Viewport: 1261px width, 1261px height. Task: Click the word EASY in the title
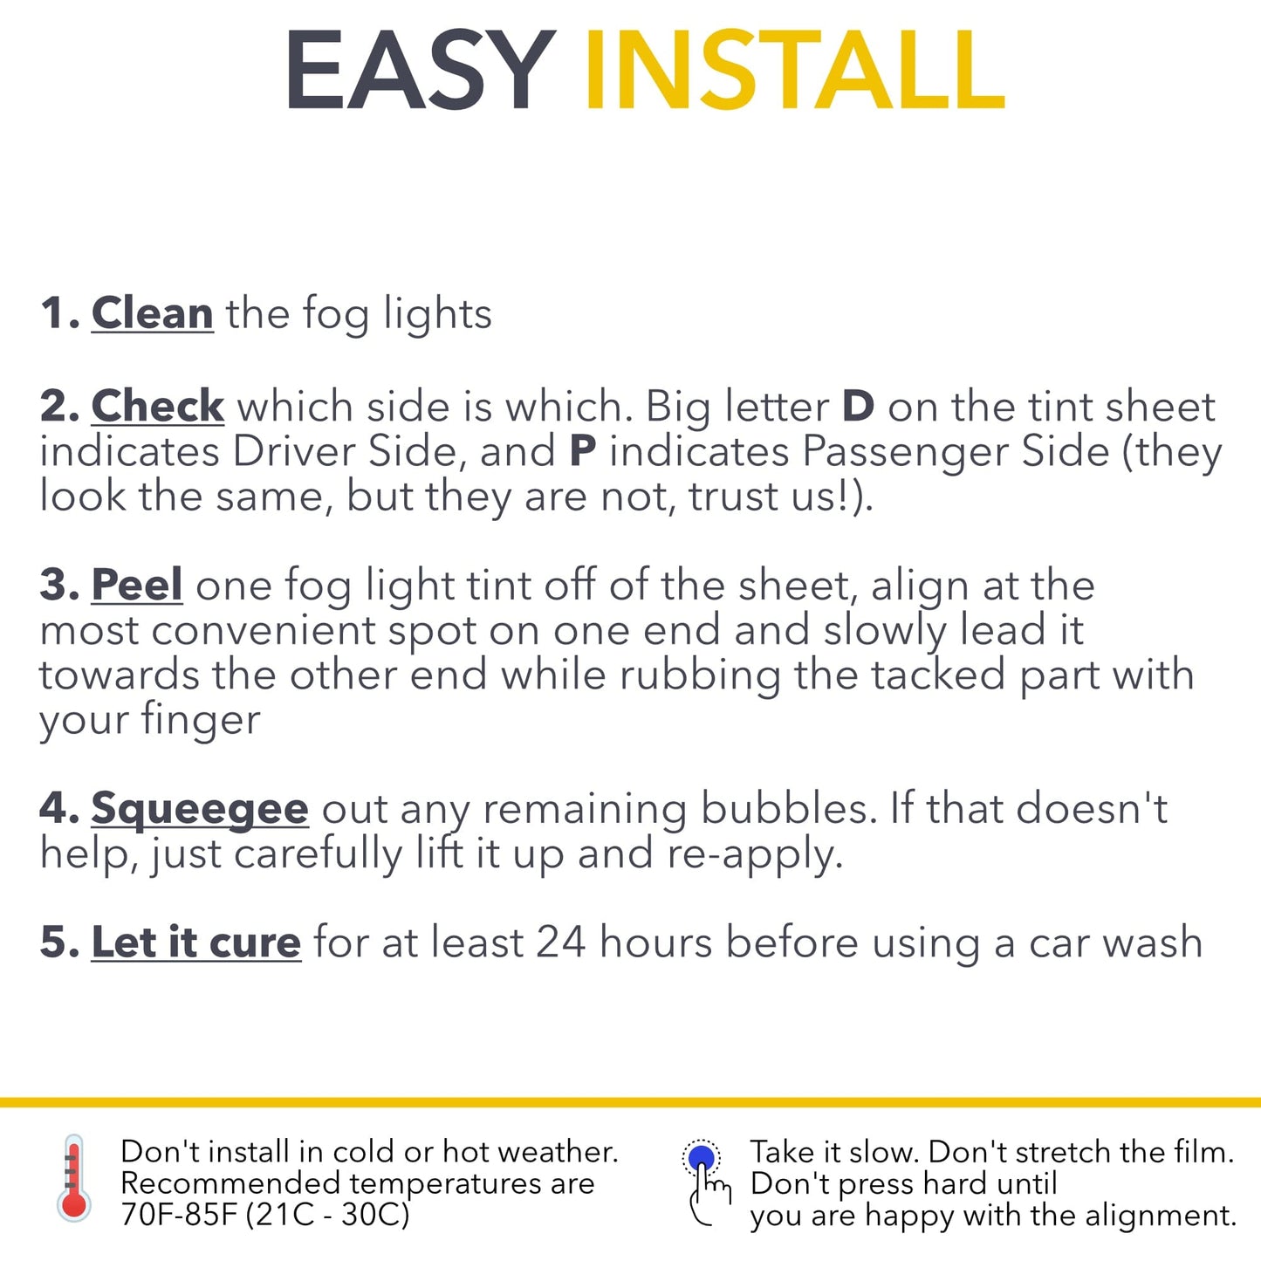(421, 70)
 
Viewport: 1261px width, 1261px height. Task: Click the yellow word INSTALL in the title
(795, 70)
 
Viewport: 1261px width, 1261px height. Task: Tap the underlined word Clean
(152, 313)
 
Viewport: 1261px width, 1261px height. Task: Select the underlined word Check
(158, 407)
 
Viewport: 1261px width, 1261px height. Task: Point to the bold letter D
(858, 407)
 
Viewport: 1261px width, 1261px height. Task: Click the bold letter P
(583, 451)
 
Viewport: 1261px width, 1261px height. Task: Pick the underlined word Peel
(137, 585)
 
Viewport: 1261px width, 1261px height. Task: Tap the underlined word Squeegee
(200, 809)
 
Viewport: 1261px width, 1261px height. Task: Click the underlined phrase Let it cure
(196, 943)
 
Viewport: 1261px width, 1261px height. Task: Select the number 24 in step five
(561, 943)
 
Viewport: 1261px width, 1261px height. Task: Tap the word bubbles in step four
(790, 809)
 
